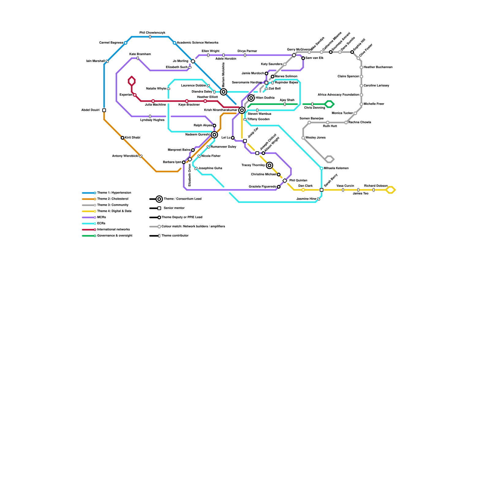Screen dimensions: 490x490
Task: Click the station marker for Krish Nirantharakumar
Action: (x=242, y=110)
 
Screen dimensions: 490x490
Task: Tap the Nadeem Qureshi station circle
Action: (x=214, y=135)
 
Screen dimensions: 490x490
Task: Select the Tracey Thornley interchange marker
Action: (x=269, y=165)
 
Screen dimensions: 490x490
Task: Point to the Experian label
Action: (x=126, y=95)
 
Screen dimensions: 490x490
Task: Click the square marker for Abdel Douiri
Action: (x=104, y=110)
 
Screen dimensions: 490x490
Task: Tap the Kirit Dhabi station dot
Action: (x=123, y=138)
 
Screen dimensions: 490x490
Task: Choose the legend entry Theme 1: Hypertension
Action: (x=114, y=193)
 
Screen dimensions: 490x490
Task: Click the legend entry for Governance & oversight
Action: (x=115, y=236)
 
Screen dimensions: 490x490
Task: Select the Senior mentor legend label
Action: (x=174, y=208)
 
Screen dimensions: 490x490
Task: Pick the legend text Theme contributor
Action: (x=175, y=236)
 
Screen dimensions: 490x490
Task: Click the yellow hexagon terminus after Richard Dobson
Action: (x=390, y=190)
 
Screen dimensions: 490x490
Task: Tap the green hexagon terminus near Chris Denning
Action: (x=329, y=104)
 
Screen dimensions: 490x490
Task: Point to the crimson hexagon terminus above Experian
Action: (x=132, y=81)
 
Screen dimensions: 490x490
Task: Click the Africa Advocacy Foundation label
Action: (x=338, y=95)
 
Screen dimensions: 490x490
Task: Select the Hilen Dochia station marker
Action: (x=251, y=98)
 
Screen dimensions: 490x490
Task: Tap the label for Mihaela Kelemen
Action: (x=336, y=168)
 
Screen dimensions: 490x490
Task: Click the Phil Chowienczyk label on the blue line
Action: (x=152, y=33)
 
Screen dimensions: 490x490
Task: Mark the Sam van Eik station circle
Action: (x=303, y=58)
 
